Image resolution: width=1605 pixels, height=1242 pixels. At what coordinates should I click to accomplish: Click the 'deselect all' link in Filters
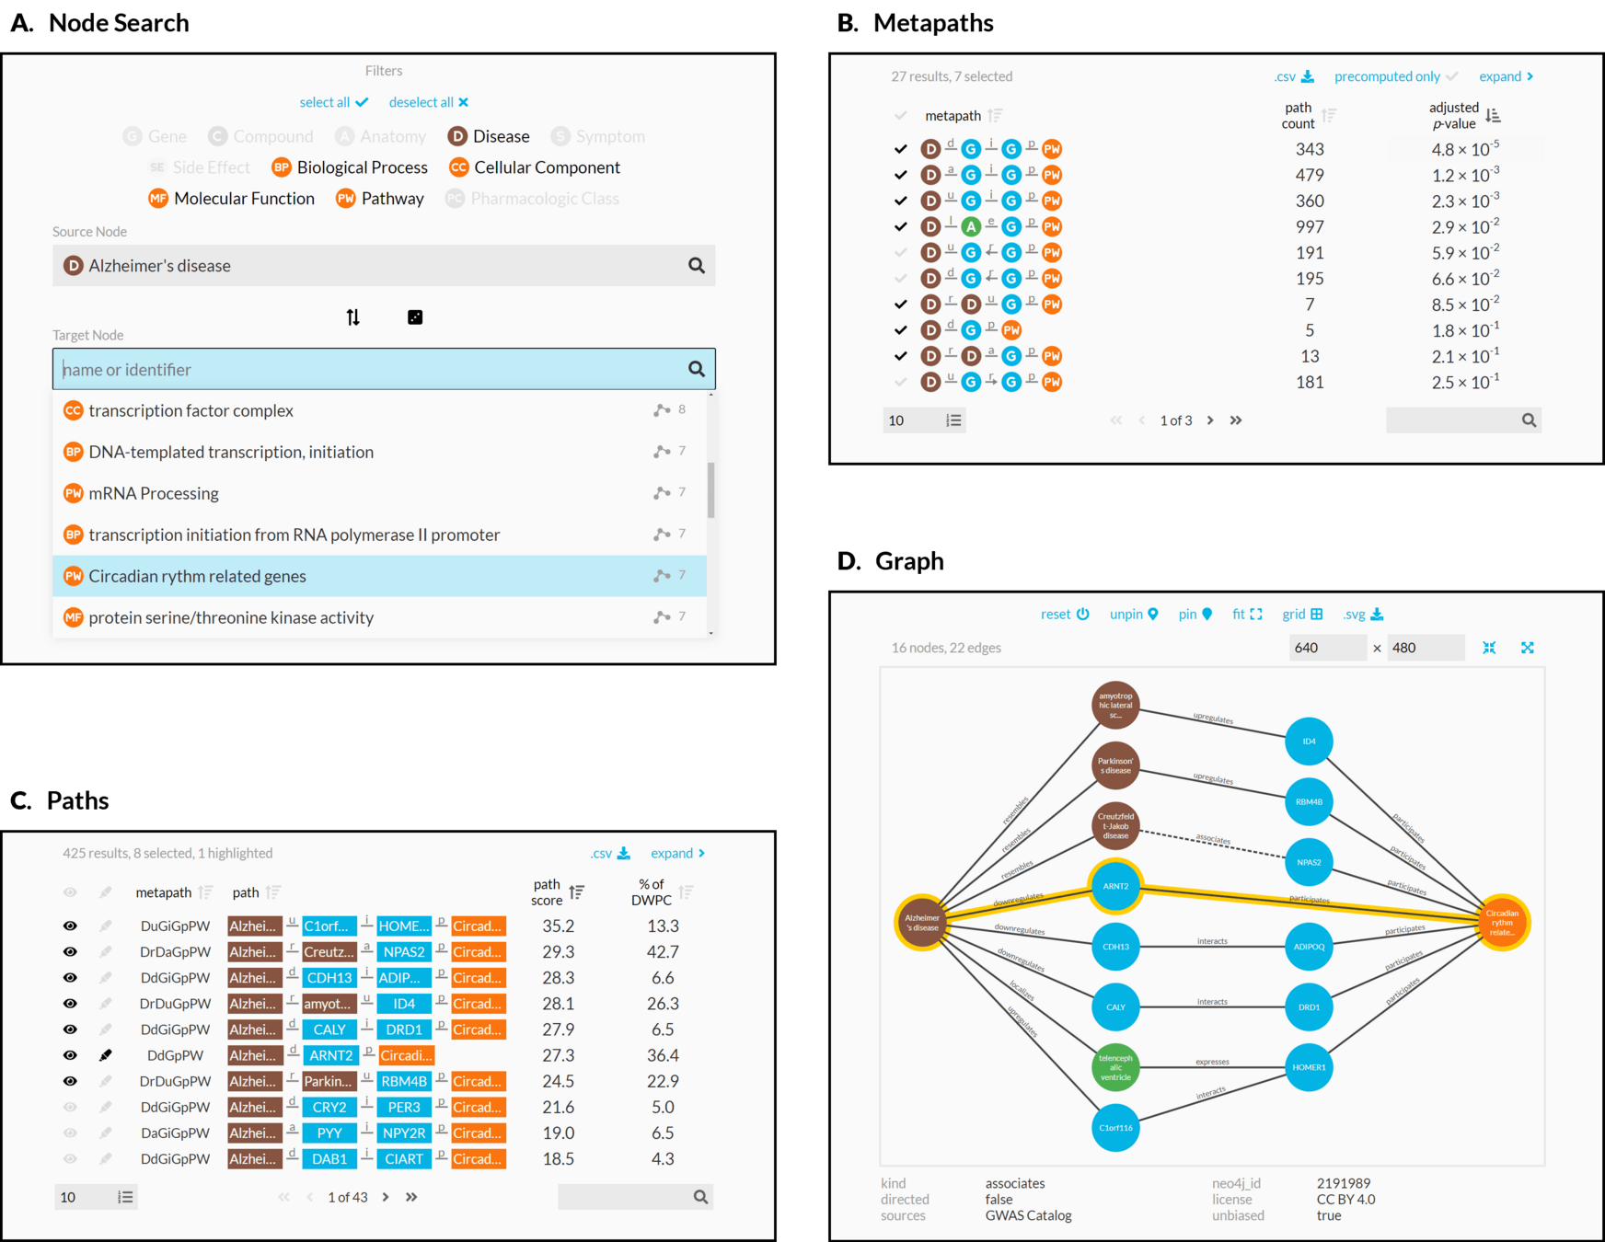[428, 102]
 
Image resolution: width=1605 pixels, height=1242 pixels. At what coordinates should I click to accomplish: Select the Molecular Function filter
[232, 199]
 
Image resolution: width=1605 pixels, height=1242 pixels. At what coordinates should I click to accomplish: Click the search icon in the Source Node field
[697, 266]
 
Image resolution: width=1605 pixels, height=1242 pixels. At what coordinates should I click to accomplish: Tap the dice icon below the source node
[415, 317]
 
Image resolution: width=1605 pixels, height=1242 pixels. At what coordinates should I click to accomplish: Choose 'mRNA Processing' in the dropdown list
[154, 493]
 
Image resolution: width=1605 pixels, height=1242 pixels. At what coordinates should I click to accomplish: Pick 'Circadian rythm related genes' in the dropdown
[197, 576]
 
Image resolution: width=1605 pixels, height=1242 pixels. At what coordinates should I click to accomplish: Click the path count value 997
[1310, 226]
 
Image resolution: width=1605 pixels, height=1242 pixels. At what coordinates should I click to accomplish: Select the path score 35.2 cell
[558, 926]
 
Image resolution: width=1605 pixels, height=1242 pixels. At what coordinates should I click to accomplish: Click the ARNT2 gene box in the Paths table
[330, 1055]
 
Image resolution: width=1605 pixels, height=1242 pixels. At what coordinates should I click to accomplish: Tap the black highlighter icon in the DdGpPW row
[106, 1055]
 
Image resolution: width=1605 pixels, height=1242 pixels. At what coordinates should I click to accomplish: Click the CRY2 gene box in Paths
[329, 1107]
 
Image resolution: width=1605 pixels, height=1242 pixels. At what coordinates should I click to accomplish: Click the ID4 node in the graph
[1309, 742]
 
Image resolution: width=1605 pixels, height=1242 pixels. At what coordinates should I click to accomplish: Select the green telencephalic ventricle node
[1115, 1067]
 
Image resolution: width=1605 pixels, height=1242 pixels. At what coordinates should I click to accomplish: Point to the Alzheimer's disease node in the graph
[922, 922]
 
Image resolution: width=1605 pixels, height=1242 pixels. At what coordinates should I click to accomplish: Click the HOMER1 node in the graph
[1309, 1067]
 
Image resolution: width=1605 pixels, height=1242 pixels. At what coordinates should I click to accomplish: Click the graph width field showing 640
[1327, 648]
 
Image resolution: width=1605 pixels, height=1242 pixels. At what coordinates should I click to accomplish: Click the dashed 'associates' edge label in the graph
[1213, 839]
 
